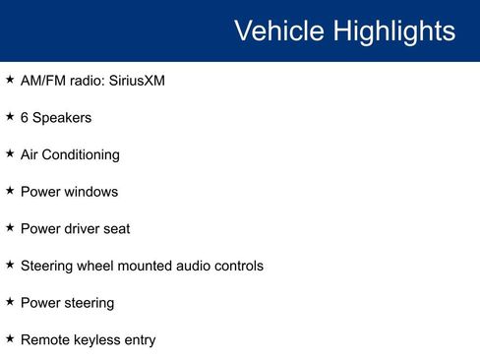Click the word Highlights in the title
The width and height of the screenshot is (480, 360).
coord(393,30)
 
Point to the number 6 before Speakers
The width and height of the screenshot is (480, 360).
coord(25,118)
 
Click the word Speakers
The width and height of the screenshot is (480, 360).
coord(62,118)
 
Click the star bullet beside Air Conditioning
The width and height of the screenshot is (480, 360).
coord(10,153)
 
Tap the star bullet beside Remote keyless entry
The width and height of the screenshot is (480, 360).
coord(10,338)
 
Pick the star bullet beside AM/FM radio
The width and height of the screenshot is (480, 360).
coord(10,79)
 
